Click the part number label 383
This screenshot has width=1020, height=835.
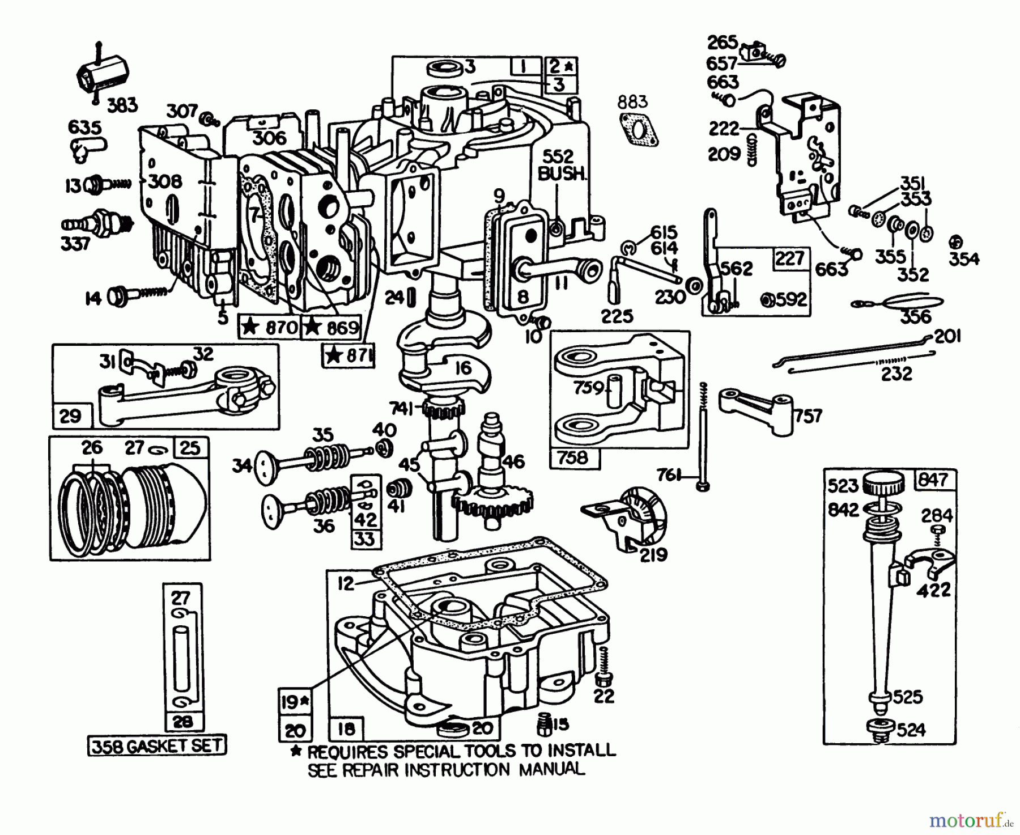(x=122, y=105)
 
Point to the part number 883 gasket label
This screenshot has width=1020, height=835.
(x=632, y=102)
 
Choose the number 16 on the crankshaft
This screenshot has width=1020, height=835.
(x=463, y=368)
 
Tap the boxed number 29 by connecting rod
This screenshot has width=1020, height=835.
(x=70, y=417)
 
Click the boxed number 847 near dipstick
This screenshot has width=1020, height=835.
(x=933, y=480)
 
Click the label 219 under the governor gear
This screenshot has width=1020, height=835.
(x=653, y=554)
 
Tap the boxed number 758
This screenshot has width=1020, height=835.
(x=573, y=457)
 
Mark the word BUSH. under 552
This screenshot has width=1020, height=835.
(x=562, y=174)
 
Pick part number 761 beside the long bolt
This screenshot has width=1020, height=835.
(x=670, y=475)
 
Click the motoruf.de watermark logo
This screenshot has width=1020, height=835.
(x=971, y=820)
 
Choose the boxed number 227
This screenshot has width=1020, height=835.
(x=790, y=258)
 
